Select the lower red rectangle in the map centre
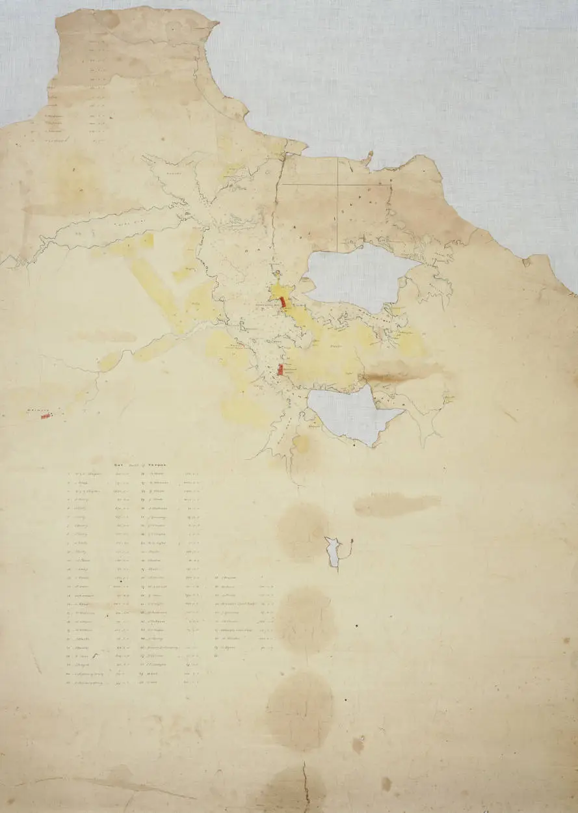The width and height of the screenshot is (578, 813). (280, 369)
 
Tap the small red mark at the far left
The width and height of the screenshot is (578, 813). (46, 416)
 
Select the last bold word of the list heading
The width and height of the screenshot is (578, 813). (158, 466)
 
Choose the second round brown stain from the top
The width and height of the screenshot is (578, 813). (306, 618)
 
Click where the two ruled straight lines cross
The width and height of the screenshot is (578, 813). (337, 184)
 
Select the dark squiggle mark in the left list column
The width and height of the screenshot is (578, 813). (95, 657)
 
